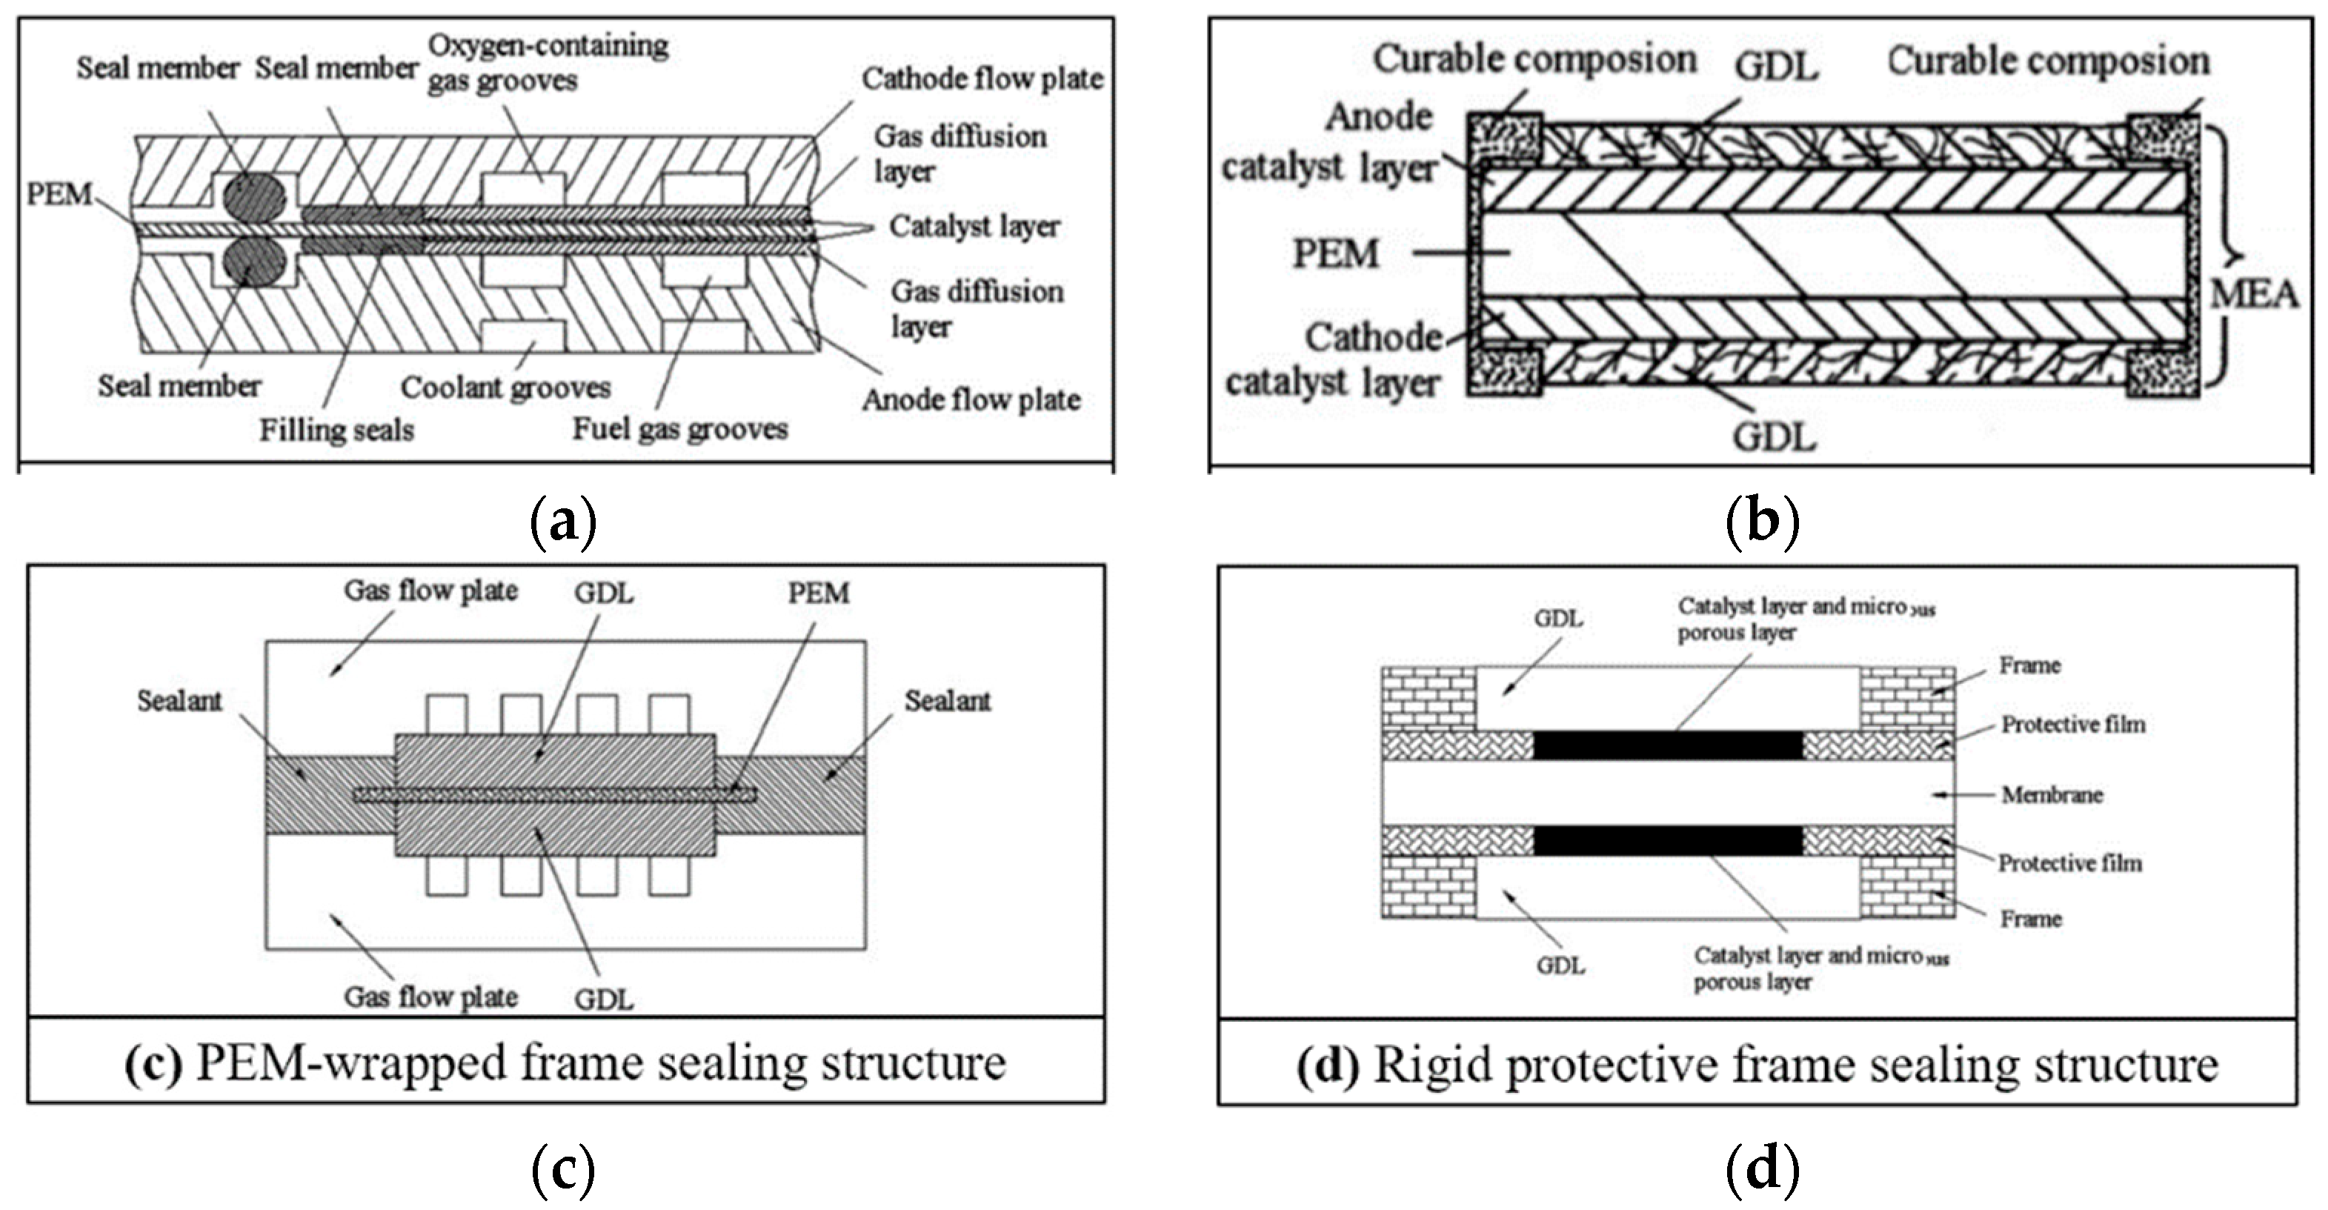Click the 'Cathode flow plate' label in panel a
point(982,79)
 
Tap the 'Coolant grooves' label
point(505,388)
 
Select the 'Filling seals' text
point(336,431)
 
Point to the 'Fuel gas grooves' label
point(679,428)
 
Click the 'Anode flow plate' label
point(971,399)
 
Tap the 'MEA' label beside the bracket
point(2253,293)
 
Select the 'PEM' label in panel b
point(1335,254)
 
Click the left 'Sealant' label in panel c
point(179,700)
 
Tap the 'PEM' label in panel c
point(818,593)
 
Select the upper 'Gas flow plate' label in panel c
point(430,591)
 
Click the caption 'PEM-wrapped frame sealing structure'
point(566,1063)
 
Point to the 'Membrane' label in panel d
point(2052,795)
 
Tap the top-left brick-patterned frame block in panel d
point(1429,698)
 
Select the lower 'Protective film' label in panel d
point(2069,863)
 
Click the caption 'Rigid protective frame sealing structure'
point(1757,1065)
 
